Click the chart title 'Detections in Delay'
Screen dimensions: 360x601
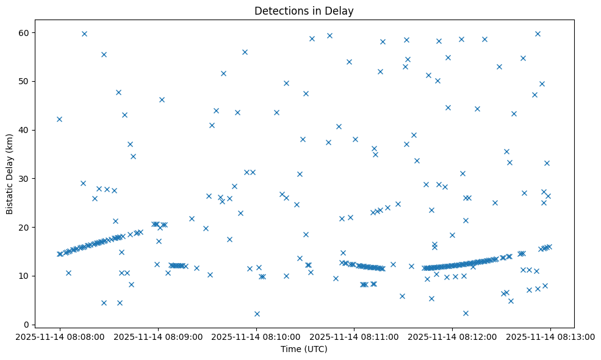pyautogui.click(x=304, y=10)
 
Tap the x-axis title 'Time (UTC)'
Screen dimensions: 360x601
pyautogui.click(x=304, y=349)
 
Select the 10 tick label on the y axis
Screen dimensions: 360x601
pyautogui.click(x=26, y=276)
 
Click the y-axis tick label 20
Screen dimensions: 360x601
pyautogui.click(x=26, y=227)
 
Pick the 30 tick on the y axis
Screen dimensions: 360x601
pyautogui.click(x=26, y=178)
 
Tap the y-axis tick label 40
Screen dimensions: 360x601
pyautogui.click(x=26, y=130)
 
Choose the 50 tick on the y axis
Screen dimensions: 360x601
pyautogui.click(x=26, y=81)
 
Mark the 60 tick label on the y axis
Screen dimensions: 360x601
pyautogui.click(x=26, y=32)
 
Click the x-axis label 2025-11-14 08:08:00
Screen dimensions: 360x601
pyautogui.click(x=60, y=336)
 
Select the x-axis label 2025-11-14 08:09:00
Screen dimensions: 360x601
pyautogui.click(x=158, y=336)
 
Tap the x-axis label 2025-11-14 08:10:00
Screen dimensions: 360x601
pyautogui.click(x=256, y=336)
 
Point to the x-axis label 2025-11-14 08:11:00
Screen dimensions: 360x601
pyautogui.click(x=354, y=336)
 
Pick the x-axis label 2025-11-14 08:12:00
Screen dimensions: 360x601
pyautogui.click(x=453, y=336)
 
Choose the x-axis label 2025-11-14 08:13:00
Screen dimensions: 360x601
pyautogui.click(x=550, y=336)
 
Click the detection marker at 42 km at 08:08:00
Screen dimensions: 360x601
pyautogui.click(x=59, y=119)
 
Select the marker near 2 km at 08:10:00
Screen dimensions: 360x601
pyautogui.click(x=257, y=314)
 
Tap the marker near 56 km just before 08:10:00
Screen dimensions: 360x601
pyautogui.click(x=245, y=52)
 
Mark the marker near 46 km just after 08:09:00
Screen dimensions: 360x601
pyautogui.click(x=162, y=99)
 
